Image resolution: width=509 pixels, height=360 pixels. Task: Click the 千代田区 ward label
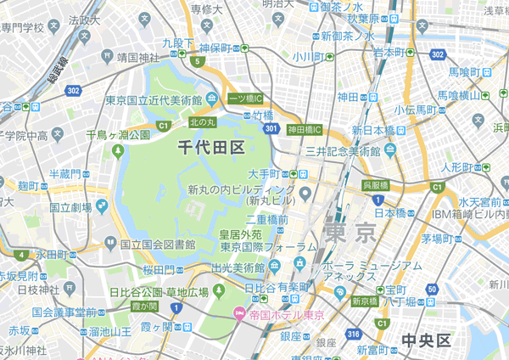point(211,148)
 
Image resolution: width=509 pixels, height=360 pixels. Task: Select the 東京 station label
point(349,231)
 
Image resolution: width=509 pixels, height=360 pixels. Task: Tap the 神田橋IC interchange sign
point(304,130)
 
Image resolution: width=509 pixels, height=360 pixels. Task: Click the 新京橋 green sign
point(364,301)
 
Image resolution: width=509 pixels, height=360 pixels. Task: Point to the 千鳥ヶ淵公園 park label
point(118,135)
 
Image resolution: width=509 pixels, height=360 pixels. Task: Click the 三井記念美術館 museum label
point(344,151)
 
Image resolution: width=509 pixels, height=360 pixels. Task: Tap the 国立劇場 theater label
point(71,206)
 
